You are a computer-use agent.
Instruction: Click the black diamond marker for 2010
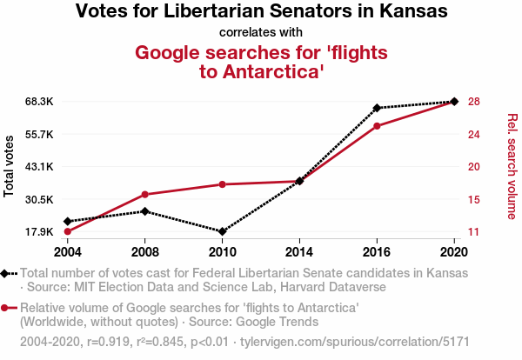[x=222, y=231]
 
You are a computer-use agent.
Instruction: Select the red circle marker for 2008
[x=144, y=195]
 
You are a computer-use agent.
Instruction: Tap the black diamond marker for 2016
[x=377, y=108]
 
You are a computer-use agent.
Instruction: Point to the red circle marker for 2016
[x=377, y=126]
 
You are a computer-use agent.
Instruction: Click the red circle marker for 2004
[x=67, y=231]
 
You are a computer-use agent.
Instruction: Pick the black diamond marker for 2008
[x=144, y=211]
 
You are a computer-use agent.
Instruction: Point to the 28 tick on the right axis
[x=473, y=102]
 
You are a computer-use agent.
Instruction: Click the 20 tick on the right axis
[x=473, y=167]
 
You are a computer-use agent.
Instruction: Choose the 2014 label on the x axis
[x=299, y=252]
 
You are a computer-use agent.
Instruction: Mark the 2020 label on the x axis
[x=454, y=252]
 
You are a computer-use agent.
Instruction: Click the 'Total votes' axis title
[x=10, y=166]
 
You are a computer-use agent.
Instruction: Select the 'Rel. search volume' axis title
[x=512, y=166]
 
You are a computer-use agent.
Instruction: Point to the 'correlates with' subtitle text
[x=261, y=33]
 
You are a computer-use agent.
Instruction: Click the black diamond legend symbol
[x=7, y=273]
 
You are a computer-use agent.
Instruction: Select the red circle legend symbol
[x=7, y=308]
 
